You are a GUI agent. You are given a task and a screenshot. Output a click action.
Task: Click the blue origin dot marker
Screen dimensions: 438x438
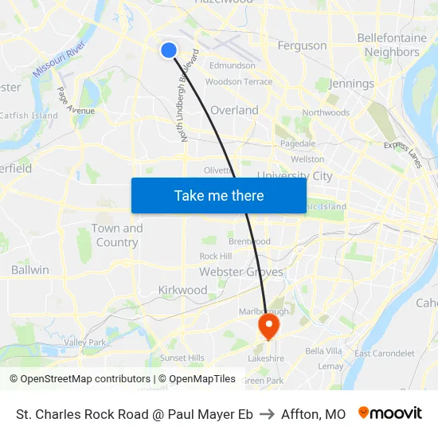[x=168, y=50]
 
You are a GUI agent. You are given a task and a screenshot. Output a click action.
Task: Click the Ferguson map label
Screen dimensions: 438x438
[x=302, y=45]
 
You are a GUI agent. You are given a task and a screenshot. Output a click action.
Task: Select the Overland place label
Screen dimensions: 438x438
[x=234, y=110]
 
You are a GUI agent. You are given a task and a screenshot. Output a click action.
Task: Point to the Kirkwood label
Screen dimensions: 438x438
[x=182, y=290]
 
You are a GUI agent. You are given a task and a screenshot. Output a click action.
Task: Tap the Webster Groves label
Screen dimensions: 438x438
[x=241, y=272]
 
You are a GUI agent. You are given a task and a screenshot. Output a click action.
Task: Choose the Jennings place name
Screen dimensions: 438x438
[x=351, y=84]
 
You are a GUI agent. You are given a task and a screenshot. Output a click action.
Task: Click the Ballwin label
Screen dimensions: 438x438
[x=30, y=270]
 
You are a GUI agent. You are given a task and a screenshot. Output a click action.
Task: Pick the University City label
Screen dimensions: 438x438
[x=295, y=176]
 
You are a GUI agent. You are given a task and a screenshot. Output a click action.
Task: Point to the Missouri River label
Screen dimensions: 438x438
[x=59, y=61]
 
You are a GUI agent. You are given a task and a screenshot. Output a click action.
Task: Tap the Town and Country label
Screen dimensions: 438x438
[x=117, y=235]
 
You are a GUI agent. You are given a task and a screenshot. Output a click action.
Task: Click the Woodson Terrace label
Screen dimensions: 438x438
[x=238, y=82]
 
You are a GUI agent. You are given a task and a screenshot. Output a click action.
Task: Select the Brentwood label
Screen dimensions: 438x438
[x=249, y=241]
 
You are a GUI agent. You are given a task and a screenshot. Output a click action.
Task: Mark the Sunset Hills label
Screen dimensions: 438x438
[x=182, y=358]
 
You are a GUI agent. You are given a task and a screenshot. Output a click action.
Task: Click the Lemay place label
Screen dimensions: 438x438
[x=330, y=366]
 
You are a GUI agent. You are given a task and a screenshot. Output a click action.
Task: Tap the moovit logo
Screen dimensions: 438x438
[x=390, y=413]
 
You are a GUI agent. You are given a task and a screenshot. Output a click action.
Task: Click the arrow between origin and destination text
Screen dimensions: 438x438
[x=267, y=414]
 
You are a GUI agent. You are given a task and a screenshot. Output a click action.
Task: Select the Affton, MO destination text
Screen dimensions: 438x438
[x=313, y=414]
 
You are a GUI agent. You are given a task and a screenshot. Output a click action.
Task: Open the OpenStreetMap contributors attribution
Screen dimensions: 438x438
[x=80, y=379]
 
